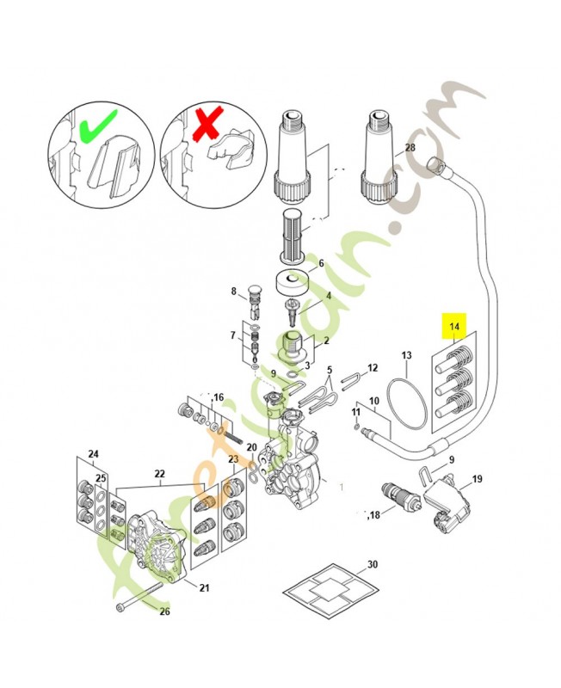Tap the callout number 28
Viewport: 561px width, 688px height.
click(410, 148)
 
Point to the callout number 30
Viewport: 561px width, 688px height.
click(372, 564)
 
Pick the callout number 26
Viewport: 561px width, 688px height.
click(165, 611)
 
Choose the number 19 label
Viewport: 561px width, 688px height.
click(477, 479)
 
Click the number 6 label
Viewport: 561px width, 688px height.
click(321, 263)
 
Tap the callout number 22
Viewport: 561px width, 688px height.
click(159, 474)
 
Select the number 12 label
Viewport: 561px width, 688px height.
click(372, 368)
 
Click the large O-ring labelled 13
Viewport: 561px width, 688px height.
click(404, 402)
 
